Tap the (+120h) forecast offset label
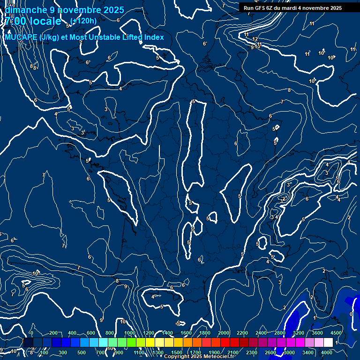[x=83, y=21]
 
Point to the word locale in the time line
[x=45, y=21]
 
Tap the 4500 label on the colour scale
[x=337, y=333]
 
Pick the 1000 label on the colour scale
[x=130, y=333]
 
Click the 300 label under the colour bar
[x=63, y=352]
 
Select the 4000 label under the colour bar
[x=327, y=352]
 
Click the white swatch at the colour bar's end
[x=328, y=343]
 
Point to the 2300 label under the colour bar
[x=252, y=352]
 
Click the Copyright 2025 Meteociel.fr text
[x=199, y=357]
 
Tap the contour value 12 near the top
[x=255, y=39]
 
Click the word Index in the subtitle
[x=153, y=37]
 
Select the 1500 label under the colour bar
[x=177, y=352]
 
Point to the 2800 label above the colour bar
[x=280, y=333]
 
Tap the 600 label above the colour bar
[x=91, y=333]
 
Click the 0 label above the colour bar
[x=31, y=333]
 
